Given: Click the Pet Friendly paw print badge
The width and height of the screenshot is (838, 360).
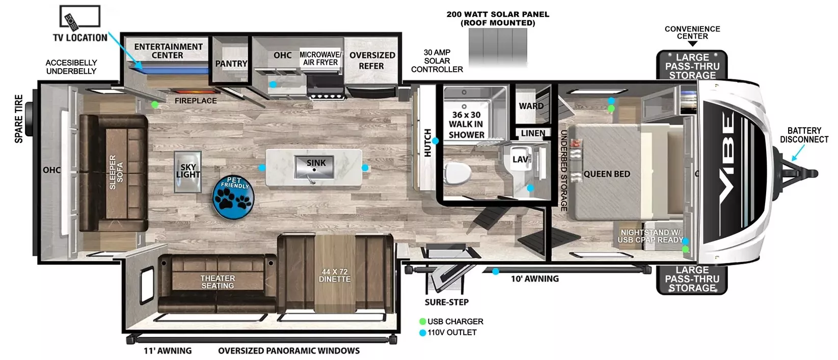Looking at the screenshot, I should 233,198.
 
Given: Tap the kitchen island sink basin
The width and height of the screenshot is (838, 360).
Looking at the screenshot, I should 314,168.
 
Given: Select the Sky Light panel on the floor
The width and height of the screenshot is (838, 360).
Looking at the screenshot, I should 187,172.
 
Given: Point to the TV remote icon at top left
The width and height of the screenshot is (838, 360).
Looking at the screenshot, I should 70,21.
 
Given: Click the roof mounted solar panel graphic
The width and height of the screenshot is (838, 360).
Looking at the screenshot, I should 498,47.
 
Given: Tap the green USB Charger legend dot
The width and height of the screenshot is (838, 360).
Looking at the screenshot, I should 422,322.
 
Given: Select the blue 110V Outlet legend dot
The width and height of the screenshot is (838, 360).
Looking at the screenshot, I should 422,333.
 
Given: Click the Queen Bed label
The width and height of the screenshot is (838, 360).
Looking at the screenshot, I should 607,174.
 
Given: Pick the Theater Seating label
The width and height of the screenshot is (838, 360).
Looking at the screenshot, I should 218,282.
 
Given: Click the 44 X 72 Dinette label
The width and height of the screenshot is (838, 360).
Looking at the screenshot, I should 335,275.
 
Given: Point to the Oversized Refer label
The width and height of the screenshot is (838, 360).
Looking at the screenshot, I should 372,61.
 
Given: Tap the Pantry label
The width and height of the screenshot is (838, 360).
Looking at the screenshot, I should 231,64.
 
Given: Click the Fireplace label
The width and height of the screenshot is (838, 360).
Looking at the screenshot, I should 196,101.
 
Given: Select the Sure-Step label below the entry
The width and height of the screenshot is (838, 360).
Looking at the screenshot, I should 446,302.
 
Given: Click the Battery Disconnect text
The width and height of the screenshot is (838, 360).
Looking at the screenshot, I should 804,135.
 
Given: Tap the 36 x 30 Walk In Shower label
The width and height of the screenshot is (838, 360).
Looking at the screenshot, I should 466,125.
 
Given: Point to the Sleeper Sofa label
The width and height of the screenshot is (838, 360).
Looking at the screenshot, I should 116,172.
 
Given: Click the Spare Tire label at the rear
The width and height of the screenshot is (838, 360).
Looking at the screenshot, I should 19,119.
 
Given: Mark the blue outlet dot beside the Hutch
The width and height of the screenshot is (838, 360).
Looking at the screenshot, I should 436,141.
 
